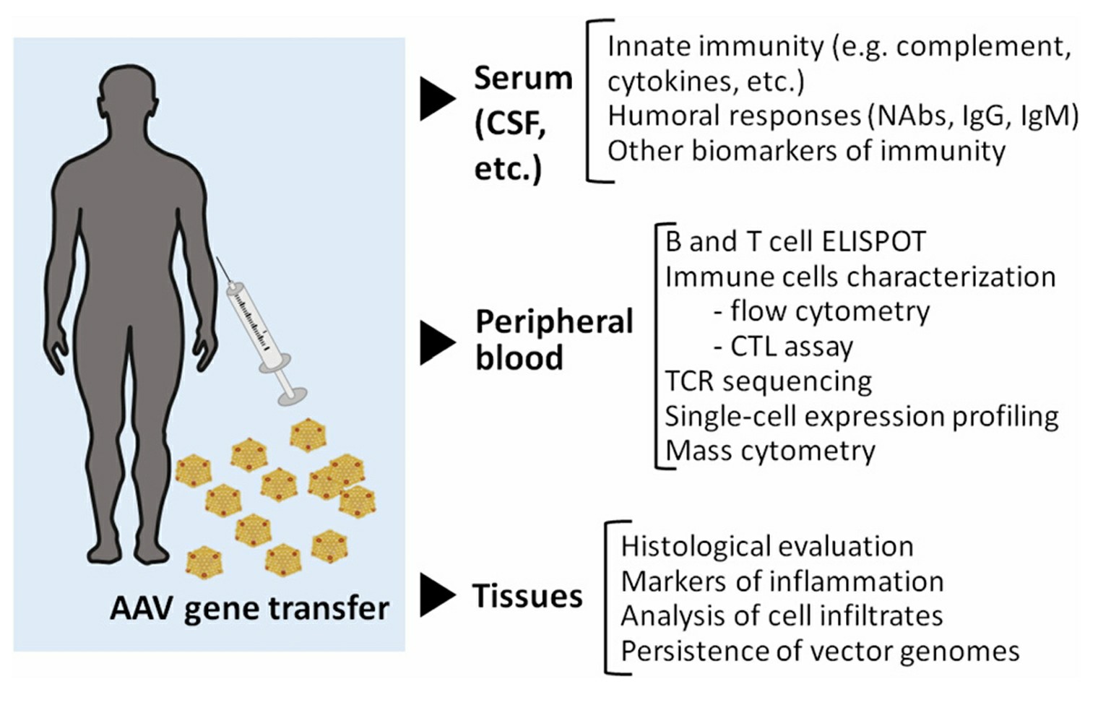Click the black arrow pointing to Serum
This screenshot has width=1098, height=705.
point(436,99)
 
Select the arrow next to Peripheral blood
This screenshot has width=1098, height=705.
point(436,342)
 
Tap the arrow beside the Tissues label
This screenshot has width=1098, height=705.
point(436,595)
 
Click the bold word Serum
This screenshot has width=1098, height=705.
point(523,78)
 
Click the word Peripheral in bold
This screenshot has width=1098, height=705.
point(554,322)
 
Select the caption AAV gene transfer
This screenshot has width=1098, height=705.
point(249,608)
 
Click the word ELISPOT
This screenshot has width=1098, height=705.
point(876,242)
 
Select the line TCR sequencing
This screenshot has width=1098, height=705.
point(768,381)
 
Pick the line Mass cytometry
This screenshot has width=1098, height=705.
point(770,451)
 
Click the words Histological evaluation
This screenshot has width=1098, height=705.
point(766,546)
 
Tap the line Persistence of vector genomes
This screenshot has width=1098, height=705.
point(819,651)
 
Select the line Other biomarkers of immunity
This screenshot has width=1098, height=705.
point(805,151)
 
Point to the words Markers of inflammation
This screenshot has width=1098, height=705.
point(782,581)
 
